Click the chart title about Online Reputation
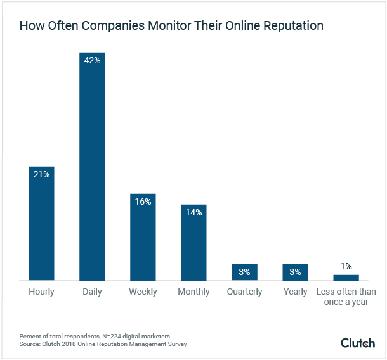(171, 26)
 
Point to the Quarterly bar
(244, 273)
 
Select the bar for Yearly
(295, 273)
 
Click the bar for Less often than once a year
(346, 278)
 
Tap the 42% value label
(92, 60)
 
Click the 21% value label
(41, 174)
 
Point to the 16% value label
(143, 202)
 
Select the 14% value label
(193, 212)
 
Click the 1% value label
(346, 267)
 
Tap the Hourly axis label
(41, 292)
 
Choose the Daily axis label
(92, 292)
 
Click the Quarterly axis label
(244, 292)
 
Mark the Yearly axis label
(295, 292)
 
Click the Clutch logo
(358, 343)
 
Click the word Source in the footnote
(29, 344)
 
